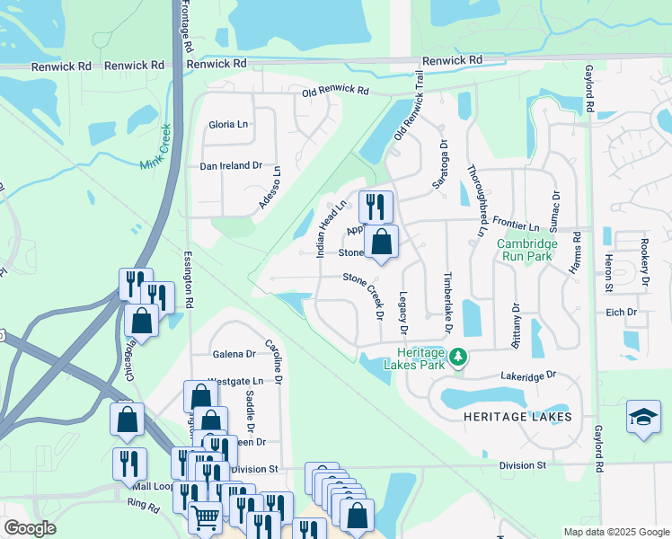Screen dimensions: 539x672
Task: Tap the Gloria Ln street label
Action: [227, 125]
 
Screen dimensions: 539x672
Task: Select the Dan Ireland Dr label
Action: [230, 166]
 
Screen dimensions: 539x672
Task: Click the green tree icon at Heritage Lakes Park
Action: [459, 358]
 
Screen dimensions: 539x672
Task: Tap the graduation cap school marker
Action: [643, 417]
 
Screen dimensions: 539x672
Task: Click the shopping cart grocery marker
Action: [206, 517]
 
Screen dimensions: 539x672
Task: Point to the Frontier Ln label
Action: [521, 227]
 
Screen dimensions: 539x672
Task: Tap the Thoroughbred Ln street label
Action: [475, 199]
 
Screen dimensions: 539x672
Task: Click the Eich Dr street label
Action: [621, 313]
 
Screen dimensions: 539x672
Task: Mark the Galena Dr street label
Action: [234, 354]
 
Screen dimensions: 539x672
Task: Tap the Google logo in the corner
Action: [30, 528]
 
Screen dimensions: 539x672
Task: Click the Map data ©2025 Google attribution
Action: [615, 532]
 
